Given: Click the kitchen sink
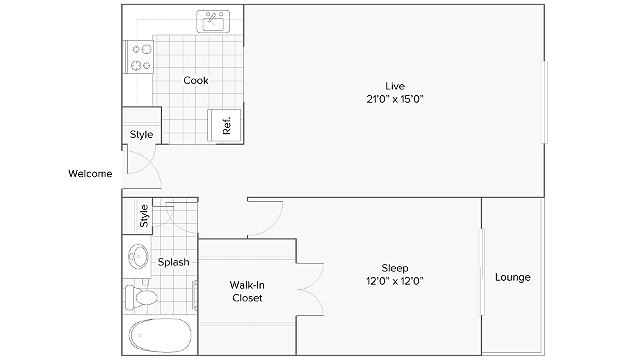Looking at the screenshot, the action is [213, 22].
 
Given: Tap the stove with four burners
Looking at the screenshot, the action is [139, 57].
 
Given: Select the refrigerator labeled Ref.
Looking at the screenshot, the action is [224, 125].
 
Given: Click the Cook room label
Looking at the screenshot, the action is [196, 80].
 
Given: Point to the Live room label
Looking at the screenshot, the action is [395, 86].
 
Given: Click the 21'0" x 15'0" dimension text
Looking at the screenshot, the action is [395, 99].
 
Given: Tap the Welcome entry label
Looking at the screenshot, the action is [90, 173].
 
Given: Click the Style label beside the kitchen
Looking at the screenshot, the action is [142, 134].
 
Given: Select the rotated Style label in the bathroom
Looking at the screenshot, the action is [144, 216].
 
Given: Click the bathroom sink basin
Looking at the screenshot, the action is [138, 257].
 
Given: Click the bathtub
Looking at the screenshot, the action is [160, 335].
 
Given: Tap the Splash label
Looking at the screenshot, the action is [173, 262].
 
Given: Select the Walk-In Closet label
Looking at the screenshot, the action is [247, 291].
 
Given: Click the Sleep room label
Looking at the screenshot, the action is [395, 268].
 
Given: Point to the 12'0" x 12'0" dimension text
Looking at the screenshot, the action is [395, 281].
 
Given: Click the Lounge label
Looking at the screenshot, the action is [513, 277].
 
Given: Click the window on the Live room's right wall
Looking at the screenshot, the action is [544, 102].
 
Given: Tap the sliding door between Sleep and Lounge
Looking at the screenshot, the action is [481, 272].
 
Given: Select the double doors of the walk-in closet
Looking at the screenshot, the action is [311, 289].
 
